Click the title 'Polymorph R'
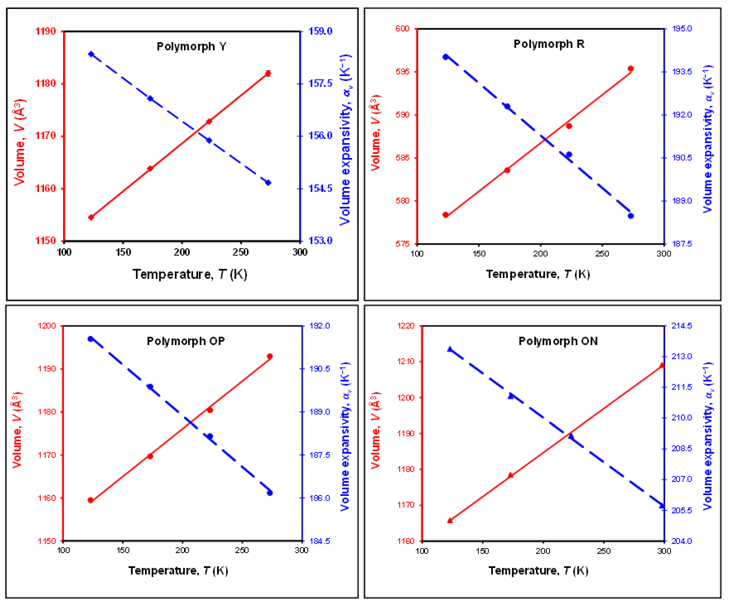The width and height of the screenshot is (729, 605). click(x=549, y=44)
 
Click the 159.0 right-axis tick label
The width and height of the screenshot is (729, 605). click(x=320, y=31)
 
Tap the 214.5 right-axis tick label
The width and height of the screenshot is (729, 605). click(x=682, y=326)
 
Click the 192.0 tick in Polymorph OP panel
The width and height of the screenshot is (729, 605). click(x=319, y=326)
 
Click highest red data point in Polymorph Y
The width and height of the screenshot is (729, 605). click(x=268, y=74)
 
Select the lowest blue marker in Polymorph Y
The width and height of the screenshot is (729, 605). click(x=268, y=183)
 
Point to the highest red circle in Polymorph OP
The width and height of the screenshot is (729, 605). click(x=270, y=356)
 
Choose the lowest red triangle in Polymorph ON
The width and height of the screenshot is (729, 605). click(x=450, y=520)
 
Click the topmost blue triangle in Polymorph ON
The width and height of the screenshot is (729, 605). click(x=450, y=349)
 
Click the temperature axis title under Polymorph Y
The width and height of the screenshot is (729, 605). click(x=190, y=274)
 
